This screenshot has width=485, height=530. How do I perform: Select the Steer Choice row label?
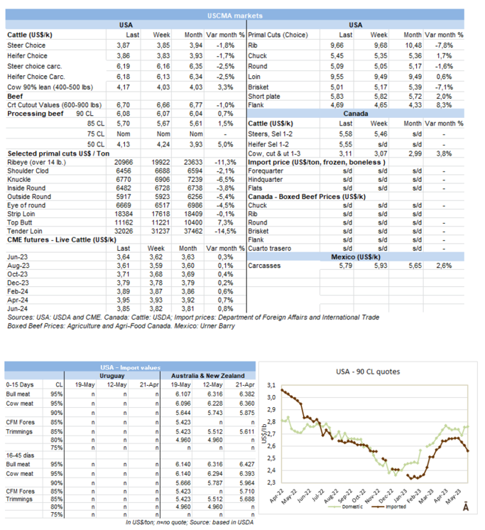tap(27, 44)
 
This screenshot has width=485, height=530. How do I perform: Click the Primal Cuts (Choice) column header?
tap(278, 34)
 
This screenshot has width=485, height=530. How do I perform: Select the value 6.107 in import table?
tap(183, 393)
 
